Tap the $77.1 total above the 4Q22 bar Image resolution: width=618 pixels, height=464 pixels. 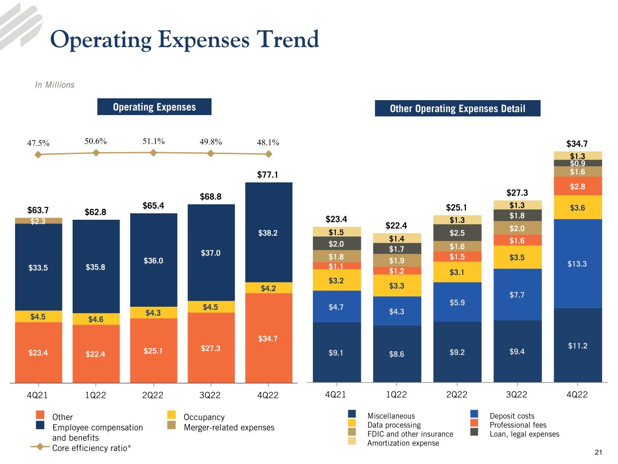[x=268, y=174]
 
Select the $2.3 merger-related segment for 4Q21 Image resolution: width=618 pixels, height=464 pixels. [x=38, y=221]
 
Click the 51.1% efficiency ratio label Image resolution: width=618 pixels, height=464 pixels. [x=153, y=141]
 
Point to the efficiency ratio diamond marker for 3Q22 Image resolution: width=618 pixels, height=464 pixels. [x=211, y=154]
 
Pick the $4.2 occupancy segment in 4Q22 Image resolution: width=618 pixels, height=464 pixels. [x=268, y=288]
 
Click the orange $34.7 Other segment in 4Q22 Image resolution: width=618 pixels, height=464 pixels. [x=268, y=338]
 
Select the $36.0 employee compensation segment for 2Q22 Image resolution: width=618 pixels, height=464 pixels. [x=153, y=261]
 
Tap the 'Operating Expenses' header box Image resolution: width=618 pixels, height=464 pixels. [x=154, y=107]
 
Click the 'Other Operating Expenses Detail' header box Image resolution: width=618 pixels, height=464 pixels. [x=457, y=109]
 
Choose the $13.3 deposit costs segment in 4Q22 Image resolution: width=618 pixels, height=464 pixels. [x=577, y=264]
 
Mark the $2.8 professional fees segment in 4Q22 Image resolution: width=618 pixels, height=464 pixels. [x=577, y=186]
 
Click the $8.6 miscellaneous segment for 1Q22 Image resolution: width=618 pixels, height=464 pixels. [x=397, y=354]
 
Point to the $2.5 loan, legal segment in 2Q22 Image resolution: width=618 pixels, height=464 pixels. [x=457, y=233]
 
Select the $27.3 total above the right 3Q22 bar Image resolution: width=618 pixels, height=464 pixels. [x=517, y=193]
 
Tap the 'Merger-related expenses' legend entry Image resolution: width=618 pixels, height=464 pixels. [x=229, y=427]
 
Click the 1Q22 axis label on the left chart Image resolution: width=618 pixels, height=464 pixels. [x=96, y=395]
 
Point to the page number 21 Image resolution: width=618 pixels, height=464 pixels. [x=599, y=452]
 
